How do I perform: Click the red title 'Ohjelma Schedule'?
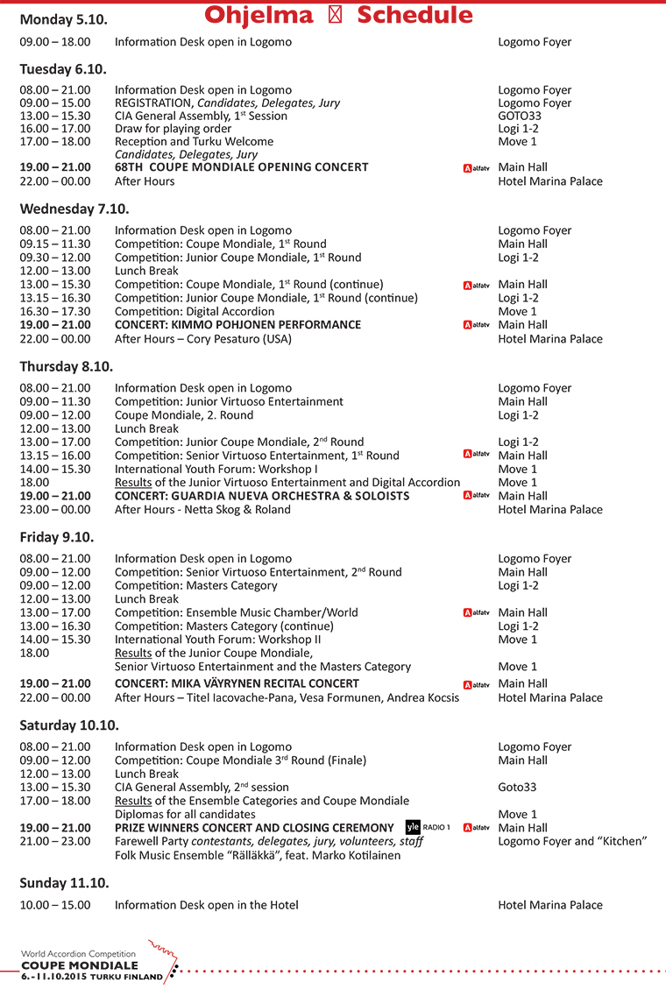coord(338,15)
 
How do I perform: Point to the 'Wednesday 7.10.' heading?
coord(74,209)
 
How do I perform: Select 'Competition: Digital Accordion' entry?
coord(195,311)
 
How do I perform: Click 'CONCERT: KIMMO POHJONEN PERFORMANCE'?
coord(237,325)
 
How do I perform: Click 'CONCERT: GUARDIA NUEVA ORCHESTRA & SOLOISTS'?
coord(262,496)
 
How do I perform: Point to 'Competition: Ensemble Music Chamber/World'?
coord(236,612)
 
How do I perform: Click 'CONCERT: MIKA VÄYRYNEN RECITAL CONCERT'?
coord(237,683)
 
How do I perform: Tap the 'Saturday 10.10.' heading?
coord(69,725)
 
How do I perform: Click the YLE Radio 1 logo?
coord(428,828)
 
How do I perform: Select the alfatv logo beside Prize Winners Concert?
coord(476,828)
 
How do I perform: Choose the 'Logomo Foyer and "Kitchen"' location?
coord(572,842)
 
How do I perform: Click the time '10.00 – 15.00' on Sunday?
coord(55,905)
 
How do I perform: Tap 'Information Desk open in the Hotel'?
coord(206,905)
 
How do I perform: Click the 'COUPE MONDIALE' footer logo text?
coord(80,965)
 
